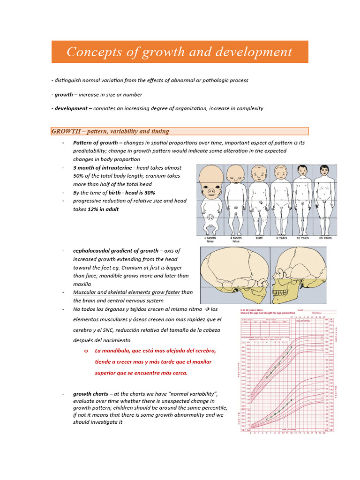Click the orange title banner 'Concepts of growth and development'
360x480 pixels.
coord(180,52)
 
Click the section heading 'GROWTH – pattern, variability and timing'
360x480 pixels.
coord(111,131)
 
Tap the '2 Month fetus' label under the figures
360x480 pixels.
coord(210,240)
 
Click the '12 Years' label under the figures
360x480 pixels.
coord(302,238)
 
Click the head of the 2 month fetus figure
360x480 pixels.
coord(210,177)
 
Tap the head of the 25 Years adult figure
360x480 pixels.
coord(324,170)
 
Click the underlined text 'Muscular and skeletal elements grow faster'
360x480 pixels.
coord(126,292)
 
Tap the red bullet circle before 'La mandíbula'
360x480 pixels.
coord(86,351)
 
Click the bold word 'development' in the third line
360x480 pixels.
coord(71,108)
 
